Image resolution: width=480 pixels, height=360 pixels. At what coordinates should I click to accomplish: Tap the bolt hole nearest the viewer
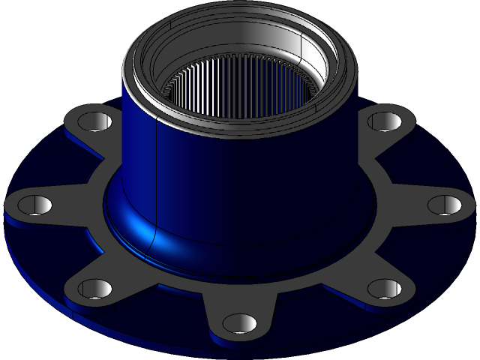pyautogui.click(x=239, y=323)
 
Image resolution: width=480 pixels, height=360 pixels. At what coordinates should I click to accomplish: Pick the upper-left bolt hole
pyautogui.click(x=92, y=121)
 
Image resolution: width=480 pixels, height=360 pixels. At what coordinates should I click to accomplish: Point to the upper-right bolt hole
pyautogui.click(x=385, y=121)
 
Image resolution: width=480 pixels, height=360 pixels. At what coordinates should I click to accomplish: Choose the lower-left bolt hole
pyautogui.click(x=95, y=288)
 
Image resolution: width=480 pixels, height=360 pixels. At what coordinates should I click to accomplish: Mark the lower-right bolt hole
pyautogui.click(x=384, y=288)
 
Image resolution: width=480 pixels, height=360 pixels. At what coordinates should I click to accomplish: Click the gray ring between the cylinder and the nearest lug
pyautogui.click(x=240, y=281)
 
